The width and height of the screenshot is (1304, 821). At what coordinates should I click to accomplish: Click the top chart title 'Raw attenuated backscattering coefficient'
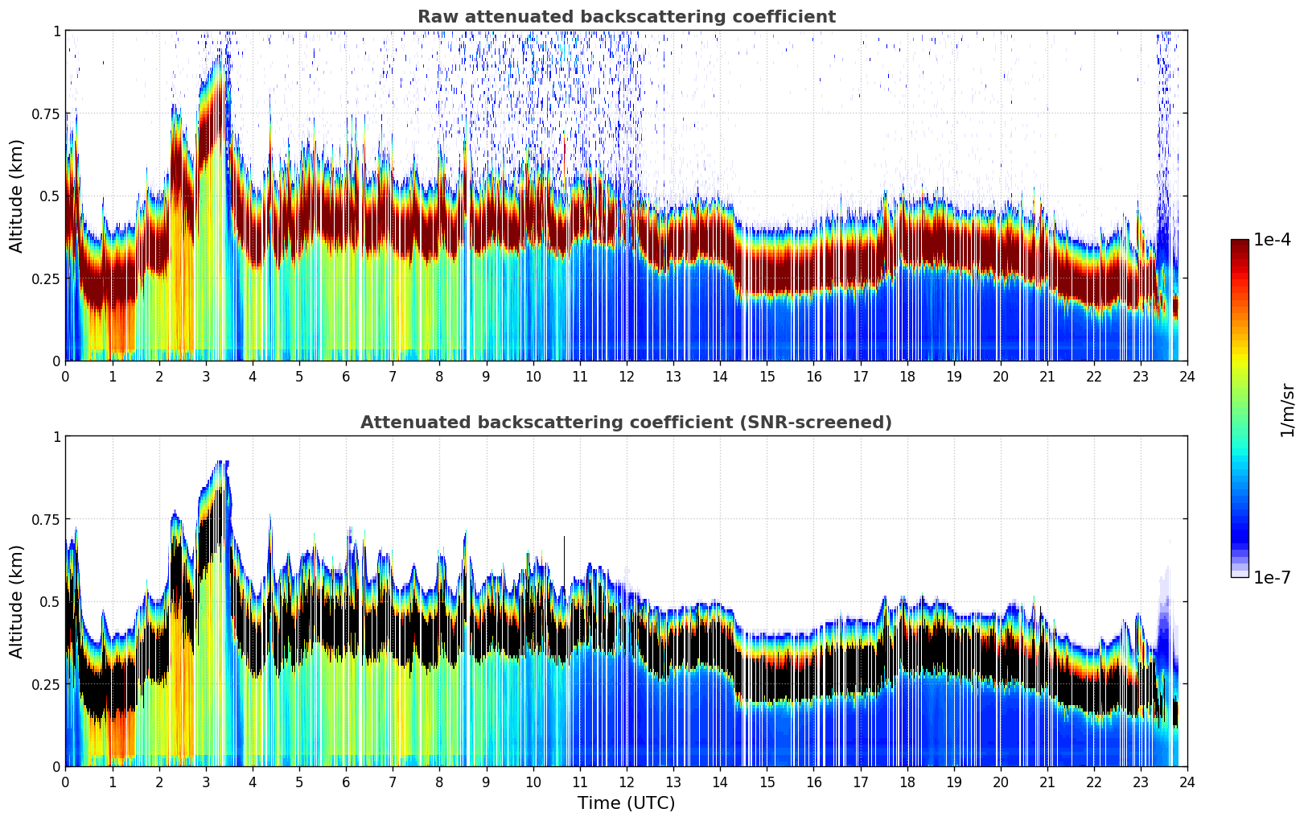pos(626,17)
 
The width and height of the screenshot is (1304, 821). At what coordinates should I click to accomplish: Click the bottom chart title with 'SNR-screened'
pos(626,423)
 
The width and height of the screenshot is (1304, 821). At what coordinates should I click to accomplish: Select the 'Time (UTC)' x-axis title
pos(626,803)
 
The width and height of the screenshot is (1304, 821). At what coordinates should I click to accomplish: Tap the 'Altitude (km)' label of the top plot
pos(17,196)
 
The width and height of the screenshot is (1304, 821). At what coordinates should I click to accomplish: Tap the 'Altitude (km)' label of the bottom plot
pos(17,601)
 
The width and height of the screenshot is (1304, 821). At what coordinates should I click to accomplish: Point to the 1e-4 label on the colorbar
pos(1273,240)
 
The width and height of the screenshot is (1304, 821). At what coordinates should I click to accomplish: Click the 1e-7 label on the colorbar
pos(1273,577)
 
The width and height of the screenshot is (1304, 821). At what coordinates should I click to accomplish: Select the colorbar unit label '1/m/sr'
pos(1287,410)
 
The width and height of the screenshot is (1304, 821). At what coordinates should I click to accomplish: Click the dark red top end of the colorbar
pos(1239,244)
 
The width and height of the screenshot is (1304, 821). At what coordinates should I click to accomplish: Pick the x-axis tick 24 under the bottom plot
pos(1187,782)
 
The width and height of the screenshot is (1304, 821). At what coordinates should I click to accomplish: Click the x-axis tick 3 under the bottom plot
pos(206,782)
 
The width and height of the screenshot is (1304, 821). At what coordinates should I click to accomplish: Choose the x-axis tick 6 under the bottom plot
pos(346,782)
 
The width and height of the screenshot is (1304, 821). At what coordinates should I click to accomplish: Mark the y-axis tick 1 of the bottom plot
pos(56,437)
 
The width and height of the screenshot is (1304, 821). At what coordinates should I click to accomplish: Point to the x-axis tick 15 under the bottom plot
pos(767,782)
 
